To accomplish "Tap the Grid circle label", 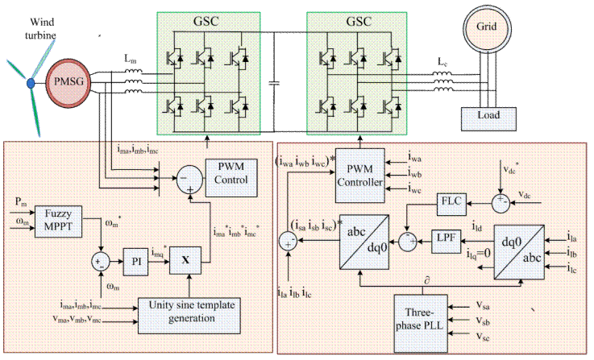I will [x=487, y=27].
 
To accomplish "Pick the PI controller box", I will [x=138, y=260].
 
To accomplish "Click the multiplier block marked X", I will [x=185, y=260].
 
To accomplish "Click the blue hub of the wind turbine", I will [x=31, y=83].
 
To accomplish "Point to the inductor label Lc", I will [x=442, y=60].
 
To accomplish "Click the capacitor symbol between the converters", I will [x=276, y=82].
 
